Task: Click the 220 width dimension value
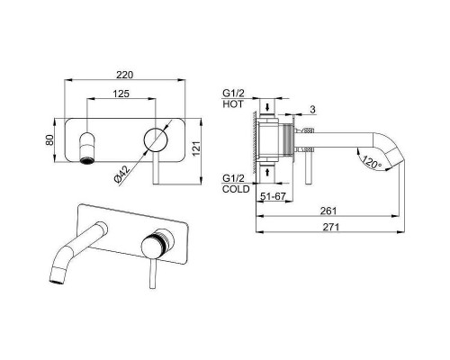(x=124, y=75)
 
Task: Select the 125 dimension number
(x=121, y=94)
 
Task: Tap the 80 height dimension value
(x=49, y=139)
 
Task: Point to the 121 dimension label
(x=195, y=148)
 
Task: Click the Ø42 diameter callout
(x=122, y=174)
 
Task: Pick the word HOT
(x=233, y=104)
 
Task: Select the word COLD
(x=236, y=189)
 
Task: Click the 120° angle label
(x=371, y=162)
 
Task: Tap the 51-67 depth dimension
(x=273, y=196)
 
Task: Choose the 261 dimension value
(x=328, y=211)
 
